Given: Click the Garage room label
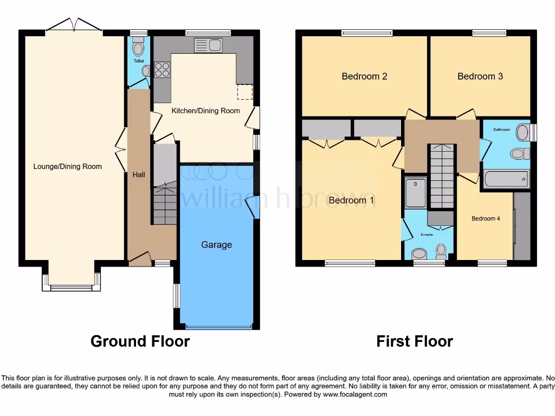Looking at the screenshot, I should click(x=217, y=245).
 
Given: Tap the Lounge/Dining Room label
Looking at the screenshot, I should click(x=68, y=166).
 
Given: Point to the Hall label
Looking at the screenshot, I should click(x=138, y=174).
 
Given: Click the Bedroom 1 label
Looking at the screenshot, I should click(x=351, y=200).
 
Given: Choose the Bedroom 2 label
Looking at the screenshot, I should click(x=364, y=76).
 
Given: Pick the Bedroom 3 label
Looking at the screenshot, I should click(x=480, y=76).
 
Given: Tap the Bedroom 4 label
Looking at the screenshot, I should click(x=483, y=219).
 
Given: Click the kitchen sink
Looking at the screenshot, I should click(x=208, y=45).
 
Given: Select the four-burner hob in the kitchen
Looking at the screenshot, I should click(x=162, y=70).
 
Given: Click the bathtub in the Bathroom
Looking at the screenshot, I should click(x=506, y=178).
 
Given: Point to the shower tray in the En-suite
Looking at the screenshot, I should click(x=416, y=192).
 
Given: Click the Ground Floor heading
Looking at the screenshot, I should click(x=140, y=341).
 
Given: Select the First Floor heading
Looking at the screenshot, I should click(x=415, y=341).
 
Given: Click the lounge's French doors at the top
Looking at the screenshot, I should click(x=74, y=25).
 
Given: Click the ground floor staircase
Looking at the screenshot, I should click(x=165, y=205).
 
